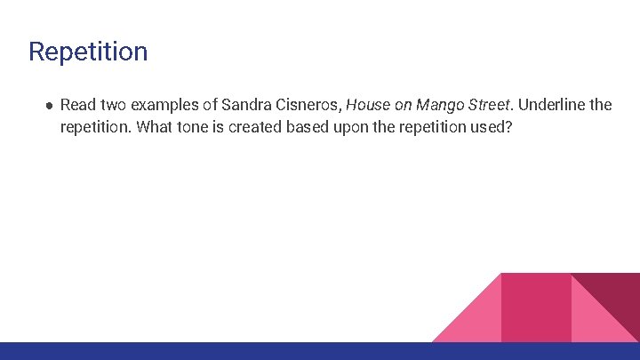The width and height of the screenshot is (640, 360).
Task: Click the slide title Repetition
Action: tap(88, 52)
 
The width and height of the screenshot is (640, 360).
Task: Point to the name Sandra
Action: tap(260, 105)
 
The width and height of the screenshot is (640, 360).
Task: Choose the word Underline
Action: tap(553, 105)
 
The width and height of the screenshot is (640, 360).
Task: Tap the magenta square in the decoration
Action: tap(536, 307)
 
